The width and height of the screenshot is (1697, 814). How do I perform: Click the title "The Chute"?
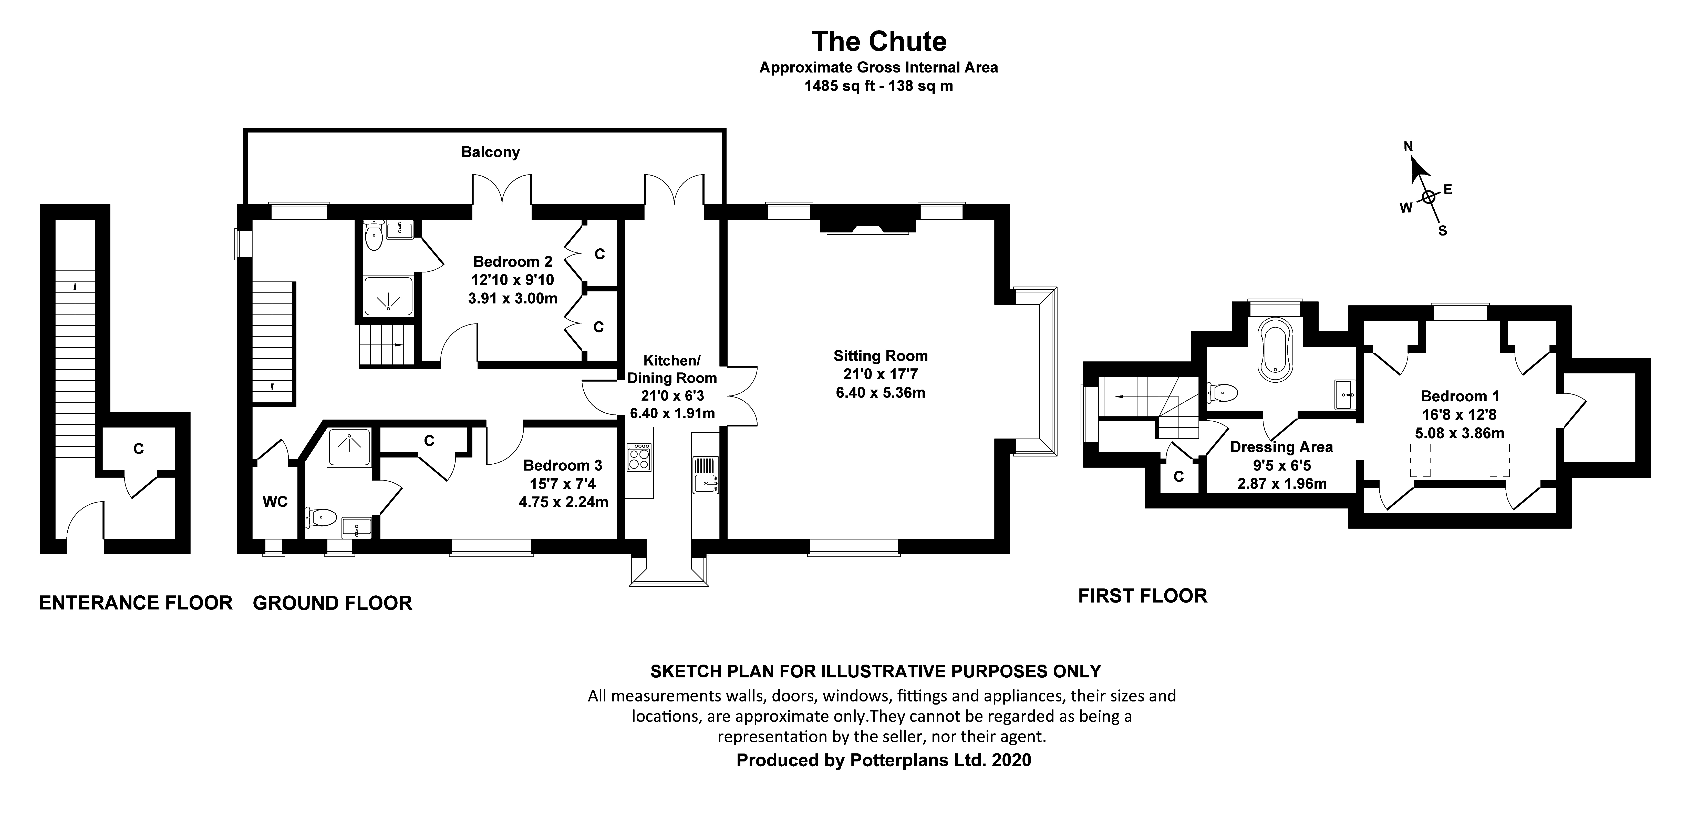(879, 42)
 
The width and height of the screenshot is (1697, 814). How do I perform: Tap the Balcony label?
(490, 152)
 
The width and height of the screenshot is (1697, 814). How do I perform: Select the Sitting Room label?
(880, 356)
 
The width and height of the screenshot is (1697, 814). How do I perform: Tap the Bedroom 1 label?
(1460, 396)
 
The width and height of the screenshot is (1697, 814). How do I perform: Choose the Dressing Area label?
(1281, 447)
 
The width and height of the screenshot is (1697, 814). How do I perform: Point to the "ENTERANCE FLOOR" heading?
(136, 603)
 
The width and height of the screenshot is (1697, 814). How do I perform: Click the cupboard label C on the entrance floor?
(138, 449)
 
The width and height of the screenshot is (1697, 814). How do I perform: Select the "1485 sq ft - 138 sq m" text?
(878, 86)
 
